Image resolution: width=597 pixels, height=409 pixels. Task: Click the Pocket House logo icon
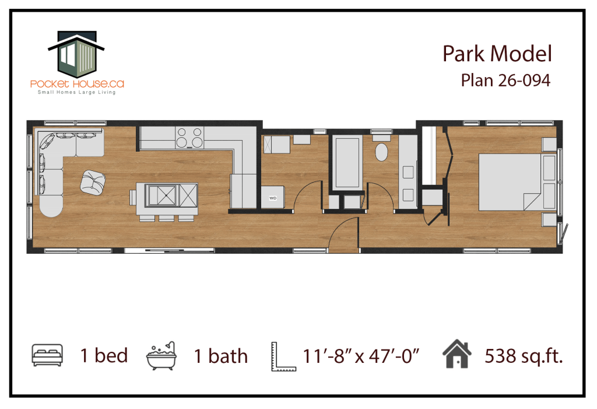point(76,53)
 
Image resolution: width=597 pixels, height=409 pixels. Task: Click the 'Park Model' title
point(497,54)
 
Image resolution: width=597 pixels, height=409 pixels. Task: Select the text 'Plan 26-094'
point(505,81)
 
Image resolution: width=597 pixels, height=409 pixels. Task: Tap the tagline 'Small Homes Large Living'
point(76,92)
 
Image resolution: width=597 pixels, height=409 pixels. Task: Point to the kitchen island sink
point(162,195)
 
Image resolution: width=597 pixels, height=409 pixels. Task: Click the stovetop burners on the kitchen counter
point(189,138)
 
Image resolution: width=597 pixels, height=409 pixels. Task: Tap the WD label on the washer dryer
point(273,198)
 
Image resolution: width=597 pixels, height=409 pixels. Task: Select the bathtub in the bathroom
point(347,163)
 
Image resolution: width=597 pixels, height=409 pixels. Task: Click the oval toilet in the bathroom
point(381,152)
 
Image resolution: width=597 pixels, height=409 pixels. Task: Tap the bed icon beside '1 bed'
point(47,355)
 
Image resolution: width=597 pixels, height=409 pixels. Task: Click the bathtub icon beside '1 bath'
point(161,356)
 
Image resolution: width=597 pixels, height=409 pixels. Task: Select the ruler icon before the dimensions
point(283,356)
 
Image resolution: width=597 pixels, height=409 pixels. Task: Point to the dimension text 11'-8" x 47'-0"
point(360,356)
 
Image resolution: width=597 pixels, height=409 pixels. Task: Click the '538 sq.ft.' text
point(524,356)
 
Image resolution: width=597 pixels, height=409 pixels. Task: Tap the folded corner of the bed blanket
point(532,201)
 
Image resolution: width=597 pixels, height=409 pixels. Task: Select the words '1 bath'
point(221,356)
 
